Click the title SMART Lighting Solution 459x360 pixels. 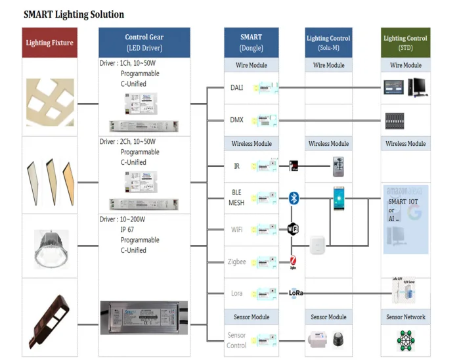point(74,14)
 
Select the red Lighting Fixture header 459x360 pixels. point(50,43)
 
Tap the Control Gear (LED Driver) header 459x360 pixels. point(144,43)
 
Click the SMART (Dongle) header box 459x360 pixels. point(251,43)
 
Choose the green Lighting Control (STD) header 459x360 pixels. point(405,43)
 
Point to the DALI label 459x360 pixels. point(236,87)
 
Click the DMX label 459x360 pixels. point(236,120)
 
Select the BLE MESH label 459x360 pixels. point(236,198)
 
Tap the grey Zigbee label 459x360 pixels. point(236,261)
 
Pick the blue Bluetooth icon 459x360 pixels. point(294,198)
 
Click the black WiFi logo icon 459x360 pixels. point(294,229)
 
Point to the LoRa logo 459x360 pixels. point(295,293)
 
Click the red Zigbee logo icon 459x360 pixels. point(294,262)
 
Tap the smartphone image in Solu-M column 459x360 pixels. point(338,198)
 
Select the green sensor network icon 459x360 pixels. point(405,340)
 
